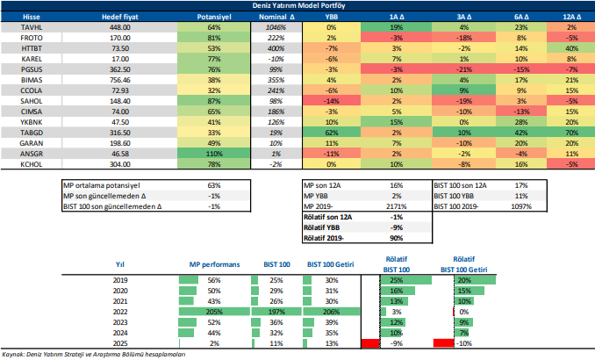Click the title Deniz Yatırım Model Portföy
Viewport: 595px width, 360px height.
(x=297, y=5)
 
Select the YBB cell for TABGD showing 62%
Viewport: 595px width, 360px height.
(x=332, y=131)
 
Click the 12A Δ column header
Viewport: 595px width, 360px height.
(x=570, y=17)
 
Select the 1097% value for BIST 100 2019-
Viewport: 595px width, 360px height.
(x=521, y=205)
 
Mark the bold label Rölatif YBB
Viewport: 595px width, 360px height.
(x=326, y=226)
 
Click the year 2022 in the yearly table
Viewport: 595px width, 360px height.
(x=121, y=312)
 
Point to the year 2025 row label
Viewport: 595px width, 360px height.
(x=121, y=343)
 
